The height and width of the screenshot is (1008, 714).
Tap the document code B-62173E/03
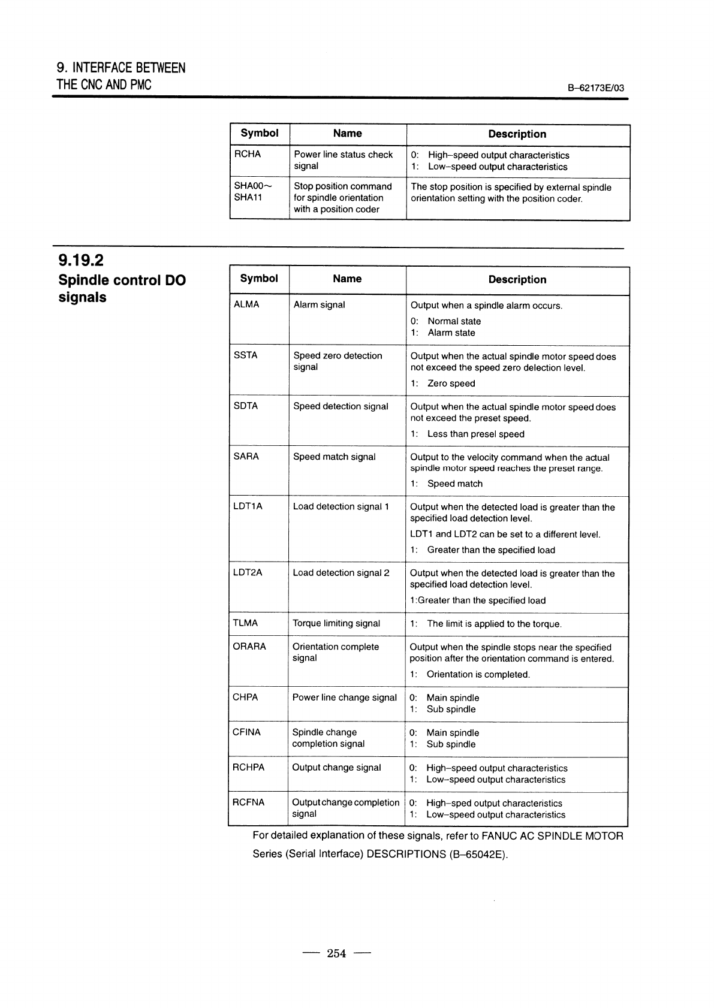[x=595, y=88]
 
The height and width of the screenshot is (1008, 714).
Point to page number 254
[x=336, y=953]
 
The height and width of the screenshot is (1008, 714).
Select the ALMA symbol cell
[x=246, y=304]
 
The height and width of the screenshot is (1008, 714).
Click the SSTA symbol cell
[x=245, y=355]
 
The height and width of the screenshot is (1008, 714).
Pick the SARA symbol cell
[x=246, y=457]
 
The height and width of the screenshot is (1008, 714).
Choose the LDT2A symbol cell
[x=248, y=572]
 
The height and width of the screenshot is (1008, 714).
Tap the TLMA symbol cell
[x=245, y=623]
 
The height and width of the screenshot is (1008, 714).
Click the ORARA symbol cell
[x=249, y=647]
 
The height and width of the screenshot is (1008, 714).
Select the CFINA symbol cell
[x=246, y=732]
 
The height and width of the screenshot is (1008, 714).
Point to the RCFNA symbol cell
[x=248, y=802]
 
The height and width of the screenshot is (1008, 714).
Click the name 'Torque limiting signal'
[x=336, y=623]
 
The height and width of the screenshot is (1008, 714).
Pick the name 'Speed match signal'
[x=334, y=457]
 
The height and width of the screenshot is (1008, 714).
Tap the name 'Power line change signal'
[x=344, y=697]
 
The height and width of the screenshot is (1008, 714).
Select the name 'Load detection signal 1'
[x=341, y=506]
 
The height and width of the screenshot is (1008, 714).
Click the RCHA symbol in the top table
[x=248, y=154]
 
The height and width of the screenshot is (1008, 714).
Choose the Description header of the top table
[x=517, y=134]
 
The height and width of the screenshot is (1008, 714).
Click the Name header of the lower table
[x=347, y=279]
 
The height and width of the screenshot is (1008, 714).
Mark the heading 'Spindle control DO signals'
[x=122, y=289]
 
